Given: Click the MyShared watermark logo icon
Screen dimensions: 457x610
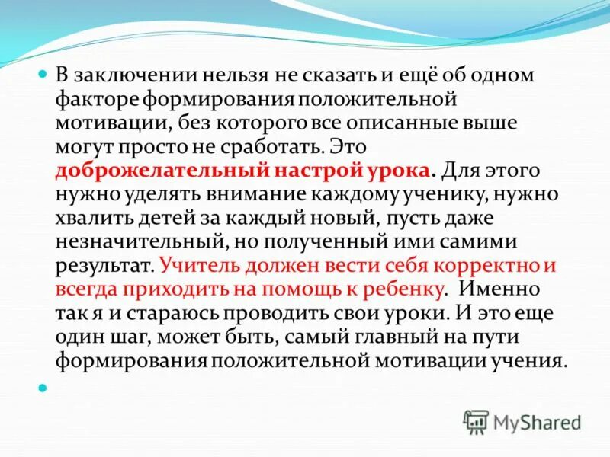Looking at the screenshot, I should pos(476,421).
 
